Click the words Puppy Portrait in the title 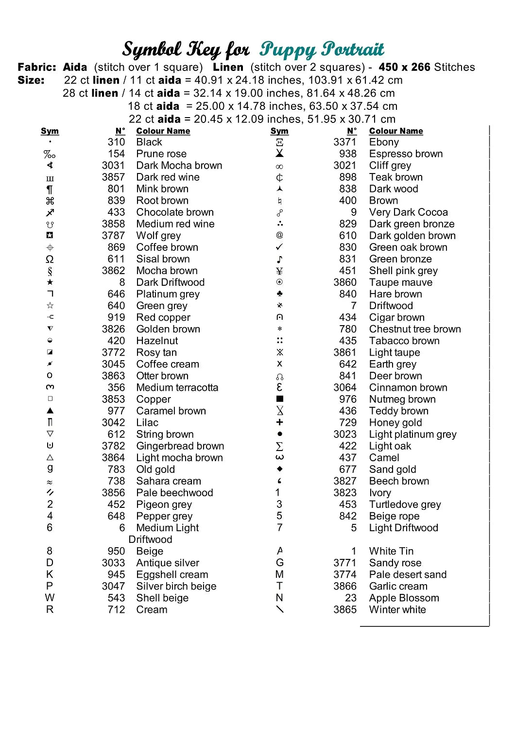[322, 50]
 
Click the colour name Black [149, 142]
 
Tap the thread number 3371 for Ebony [344, 142]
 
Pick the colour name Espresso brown [406, 154]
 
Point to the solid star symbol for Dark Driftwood [50, 282]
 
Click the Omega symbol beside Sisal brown [50, 259]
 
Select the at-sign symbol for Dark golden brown [279, 235]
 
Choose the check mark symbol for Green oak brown [279, 247]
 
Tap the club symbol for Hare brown [279, 294]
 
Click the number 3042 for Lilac [113, 422]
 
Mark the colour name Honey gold [395, 422]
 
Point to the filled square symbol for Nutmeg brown [279, 399]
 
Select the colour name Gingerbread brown [180, 446]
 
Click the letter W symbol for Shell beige [50, 598]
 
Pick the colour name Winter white [397, 609]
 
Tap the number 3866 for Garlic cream [344, 586]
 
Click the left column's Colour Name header [163, 131]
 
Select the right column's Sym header [279, 131]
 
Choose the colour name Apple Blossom [404, 598]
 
